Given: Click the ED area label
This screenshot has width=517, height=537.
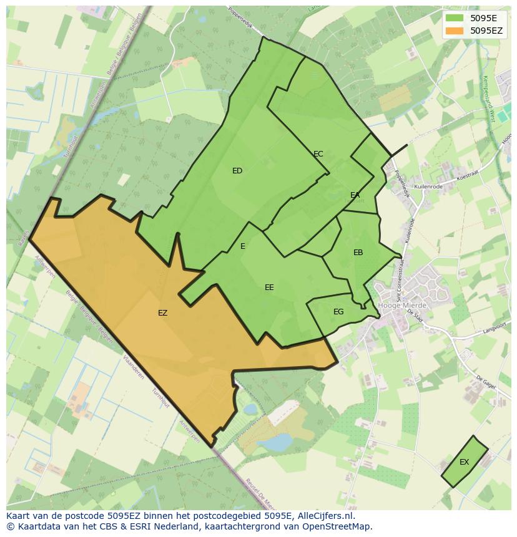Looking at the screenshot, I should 237,171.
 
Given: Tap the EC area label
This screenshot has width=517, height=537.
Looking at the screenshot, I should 318,154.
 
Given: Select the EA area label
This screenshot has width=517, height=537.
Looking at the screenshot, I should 355,195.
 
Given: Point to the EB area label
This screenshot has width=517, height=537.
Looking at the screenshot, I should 358,253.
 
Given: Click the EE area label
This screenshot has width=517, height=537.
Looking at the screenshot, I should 269,288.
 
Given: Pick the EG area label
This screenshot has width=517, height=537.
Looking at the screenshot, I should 338,312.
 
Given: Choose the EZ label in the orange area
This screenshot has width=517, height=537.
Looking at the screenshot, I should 162,313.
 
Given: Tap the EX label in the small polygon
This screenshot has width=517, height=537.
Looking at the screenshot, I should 464,462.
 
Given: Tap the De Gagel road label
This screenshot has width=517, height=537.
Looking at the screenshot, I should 485,382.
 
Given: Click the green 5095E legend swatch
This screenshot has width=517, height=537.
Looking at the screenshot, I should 454,18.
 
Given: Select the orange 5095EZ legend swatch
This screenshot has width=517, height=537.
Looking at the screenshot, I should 454,30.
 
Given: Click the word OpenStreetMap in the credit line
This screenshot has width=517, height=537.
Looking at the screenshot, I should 341,526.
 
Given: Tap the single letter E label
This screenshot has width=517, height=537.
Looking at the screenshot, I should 243,246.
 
